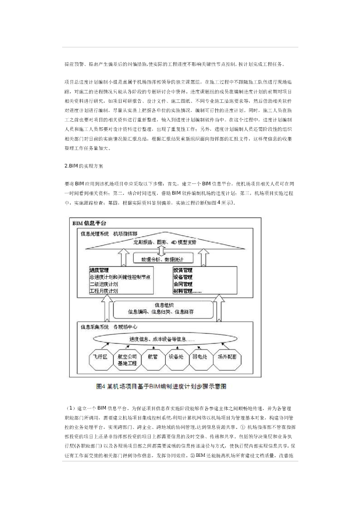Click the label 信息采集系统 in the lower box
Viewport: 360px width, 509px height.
94,327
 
